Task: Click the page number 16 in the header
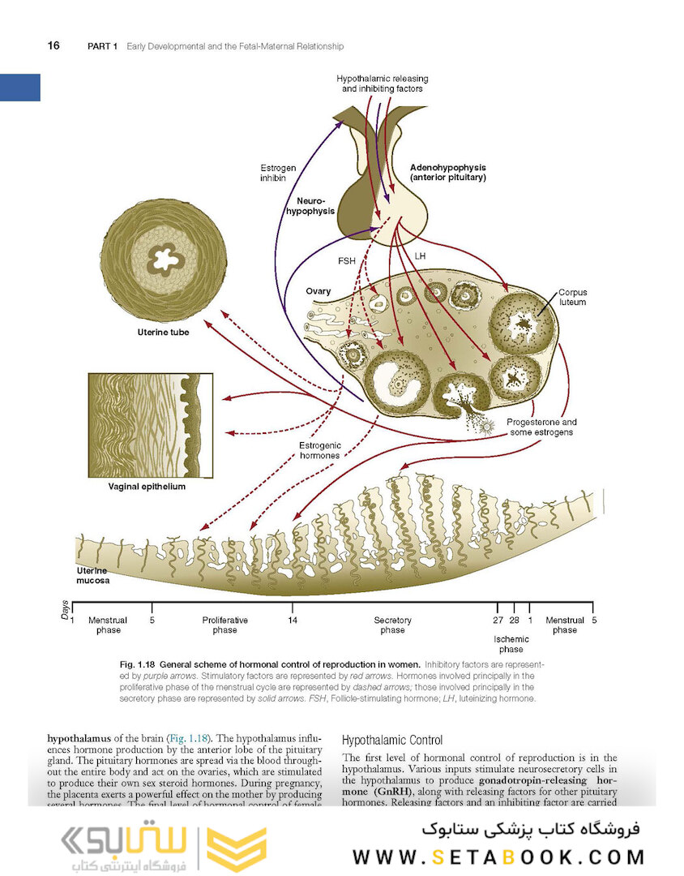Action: (x=53, y=45)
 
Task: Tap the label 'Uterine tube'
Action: (x=162, y=333)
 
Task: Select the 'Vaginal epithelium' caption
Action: (x=147, y=487)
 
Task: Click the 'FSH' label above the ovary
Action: (x=347, y=261)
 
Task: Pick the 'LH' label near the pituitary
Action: (x=420, y=255)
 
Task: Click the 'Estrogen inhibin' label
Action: (x=278, y=173)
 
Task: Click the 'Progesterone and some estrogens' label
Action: (x=541, y=427)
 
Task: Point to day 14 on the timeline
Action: (x=292, y=620)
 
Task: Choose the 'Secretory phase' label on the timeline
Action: (x=392, y=625)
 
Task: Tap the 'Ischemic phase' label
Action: (x=511, y=644)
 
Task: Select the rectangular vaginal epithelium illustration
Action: (x=150, y=425)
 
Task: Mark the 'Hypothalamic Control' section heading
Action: (x=392, y=740)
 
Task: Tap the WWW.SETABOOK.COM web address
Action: (x=498, y=857)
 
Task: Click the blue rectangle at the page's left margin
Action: (x=20, y=87)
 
